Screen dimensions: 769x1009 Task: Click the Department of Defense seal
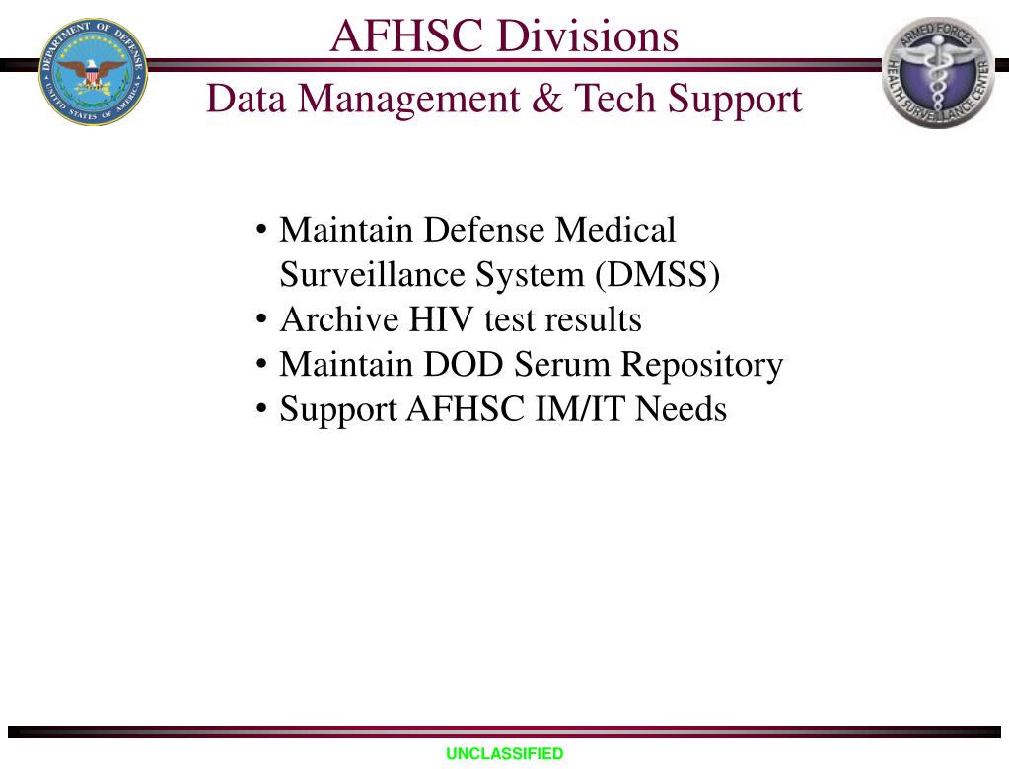click(93, 72)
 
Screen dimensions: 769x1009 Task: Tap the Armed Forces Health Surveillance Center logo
click(938, 72)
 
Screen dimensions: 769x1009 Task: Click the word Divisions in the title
click(588, 36)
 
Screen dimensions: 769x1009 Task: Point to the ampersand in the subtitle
click(545, 99)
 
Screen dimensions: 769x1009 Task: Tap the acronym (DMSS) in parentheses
click(657, 275)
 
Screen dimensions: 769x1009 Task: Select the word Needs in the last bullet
click(681, 409)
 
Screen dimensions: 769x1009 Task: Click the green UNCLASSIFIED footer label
click(504, 754)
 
